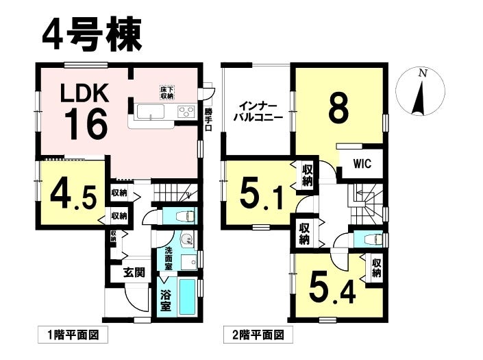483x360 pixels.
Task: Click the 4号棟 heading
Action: pyautogui.click(x=92, y=34)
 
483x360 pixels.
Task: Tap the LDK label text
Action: pyautogui.click(x=85, y=93)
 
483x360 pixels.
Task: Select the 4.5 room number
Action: pyautogui.click(x=73, y=196)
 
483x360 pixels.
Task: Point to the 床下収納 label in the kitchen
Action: pyautogui.click(x=166, y=92)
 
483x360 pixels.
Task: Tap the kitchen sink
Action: pyautogui.click(x=151, y=111)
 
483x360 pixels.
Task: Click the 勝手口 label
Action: pyautogui.click(x=208, y=119)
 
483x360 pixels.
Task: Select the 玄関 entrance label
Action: pyautogui.click(x=134, y=272)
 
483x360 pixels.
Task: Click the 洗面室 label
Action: pyautogui.click(x=168, y=259)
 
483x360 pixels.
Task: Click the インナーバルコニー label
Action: pyautogui.click(x=258, y=112)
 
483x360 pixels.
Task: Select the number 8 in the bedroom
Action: pyautogui.click(x=339, y=108)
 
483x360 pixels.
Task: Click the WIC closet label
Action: pyautogui.click(x=362, y=164)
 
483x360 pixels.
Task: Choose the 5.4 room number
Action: pyautogui.click(x=332, y=289)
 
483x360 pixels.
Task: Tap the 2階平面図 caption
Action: pyautogui.click(x=258, y=335)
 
